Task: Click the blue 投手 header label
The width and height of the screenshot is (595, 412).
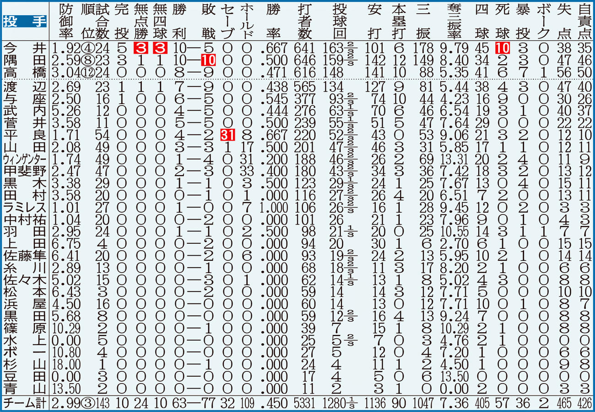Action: tap(25, 22)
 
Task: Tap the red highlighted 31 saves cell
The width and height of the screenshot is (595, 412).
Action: tap(227, 135)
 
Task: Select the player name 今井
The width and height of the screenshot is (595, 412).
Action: tap(25, 49)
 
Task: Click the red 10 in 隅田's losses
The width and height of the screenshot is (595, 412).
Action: tap(209, 60)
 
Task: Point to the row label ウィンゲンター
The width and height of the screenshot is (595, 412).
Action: tap(25, 159)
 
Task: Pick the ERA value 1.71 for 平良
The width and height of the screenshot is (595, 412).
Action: tap(66, 135)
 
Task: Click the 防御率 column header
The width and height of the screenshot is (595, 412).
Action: tap(66, 21)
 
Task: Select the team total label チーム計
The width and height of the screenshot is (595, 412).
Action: tap(25, 403)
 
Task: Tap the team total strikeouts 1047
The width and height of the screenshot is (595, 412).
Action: tap(423, 403)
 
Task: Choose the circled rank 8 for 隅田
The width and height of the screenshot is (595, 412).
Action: tap(87, 60)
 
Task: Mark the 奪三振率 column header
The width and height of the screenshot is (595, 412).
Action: tap(454, 21)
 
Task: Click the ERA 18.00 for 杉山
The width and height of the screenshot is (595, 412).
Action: tap(66, 365)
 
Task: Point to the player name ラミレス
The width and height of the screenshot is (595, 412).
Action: tap(25, 208)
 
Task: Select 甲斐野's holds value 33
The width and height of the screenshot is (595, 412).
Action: tap(247, 171)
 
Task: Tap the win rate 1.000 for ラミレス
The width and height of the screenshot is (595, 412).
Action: tap(274, 208)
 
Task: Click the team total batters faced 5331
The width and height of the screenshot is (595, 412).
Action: tap(305, 403)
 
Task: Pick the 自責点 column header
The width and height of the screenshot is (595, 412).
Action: tap(585, 21)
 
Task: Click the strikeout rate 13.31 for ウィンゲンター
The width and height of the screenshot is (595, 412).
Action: tap(454, 159)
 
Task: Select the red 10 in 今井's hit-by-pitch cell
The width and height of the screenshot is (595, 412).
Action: tap(502, 49)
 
